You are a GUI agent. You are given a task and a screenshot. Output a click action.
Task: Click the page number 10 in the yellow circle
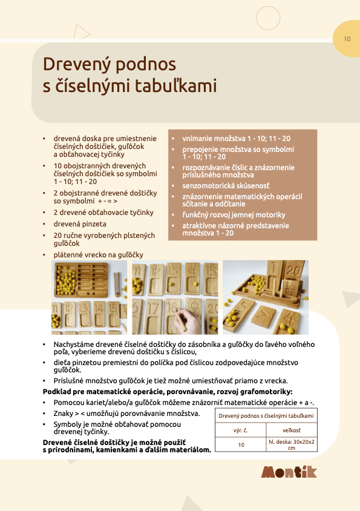(347, 39)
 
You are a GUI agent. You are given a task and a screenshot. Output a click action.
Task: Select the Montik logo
(289, 472)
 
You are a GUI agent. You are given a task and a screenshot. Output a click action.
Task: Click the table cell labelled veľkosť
(292, 430)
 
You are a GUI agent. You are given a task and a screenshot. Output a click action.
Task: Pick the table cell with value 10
(241, 444)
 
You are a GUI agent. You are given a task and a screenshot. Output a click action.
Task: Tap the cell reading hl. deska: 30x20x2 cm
(292, 444)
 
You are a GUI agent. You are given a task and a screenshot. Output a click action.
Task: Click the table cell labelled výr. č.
(241, 430)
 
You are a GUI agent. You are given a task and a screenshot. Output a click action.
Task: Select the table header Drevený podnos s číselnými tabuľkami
(266, 416)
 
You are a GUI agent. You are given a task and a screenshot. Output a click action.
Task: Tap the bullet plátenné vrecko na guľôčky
(98, 254)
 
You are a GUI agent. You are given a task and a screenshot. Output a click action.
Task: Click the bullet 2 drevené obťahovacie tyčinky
(103, 213)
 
